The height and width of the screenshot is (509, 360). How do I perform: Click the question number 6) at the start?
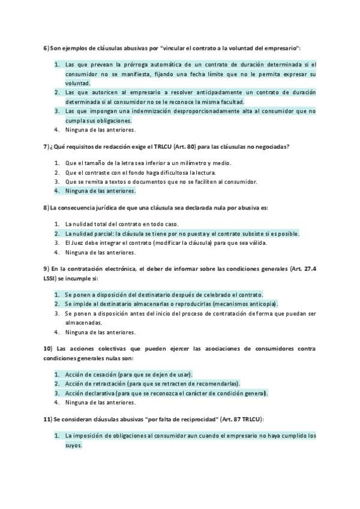[46, 47]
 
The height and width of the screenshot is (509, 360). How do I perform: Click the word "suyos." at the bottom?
[74, 446]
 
